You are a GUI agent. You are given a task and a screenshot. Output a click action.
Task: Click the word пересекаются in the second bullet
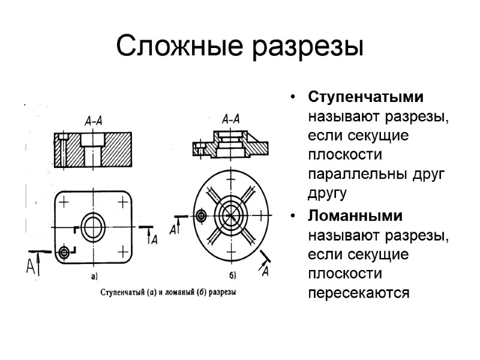tap(359, 294)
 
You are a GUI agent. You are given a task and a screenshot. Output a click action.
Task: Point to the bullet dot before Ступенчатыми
tap(292, 97)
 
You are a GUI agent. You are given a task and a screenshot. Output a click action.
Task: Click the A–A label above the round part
tap(230, 119)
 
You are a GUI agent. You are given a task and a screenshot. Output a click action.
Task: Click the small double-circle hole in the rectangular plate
tap(64, 251)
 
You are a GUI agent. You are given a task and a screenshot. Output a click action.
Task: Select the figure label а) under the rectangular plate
tap(94, 277)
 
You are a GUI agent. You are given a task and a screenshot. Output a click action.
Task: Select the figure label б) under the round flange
tap(232, 276)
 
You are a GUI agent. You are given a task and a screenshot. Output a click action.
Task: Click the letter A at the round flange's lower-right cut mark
tap(264, 272)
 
